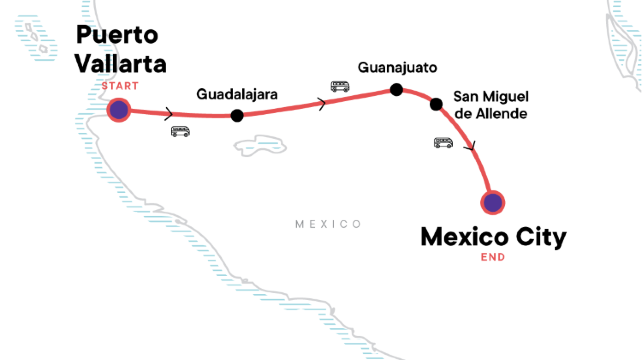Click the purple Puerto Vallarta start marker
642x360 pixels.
(x=119, y=109)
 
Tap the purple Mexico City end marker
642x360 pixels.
(x=492, y=202)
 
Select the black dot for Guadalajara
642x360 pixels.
(x=236, y=115)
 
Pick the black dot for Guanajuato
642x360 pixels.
(x=396, y=90)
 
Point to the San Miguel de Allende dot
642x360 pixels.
(x=435, y=104)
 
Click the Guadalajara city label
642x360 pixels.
(x=236, y=95)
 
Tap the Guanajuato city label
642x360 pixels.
(x=397, y=68)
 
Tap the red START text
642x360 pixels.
(x=119, y=86)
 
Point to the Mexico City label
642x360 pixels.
(x=493, y=237)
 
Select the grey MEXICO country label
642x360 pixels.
(x=328, y=224)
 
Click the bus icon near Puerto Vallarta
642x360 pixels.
(x=180, y=131)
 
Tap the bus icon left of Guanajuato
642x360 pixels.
(x=340, y=86)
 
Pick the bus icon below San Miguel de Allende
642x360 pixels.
(x=443, y=142)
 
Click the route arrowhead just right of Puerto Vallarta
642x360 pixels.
(x=167, y=113)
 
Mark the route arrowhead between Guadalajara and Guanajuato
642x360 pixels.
(x=321, y=103)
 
